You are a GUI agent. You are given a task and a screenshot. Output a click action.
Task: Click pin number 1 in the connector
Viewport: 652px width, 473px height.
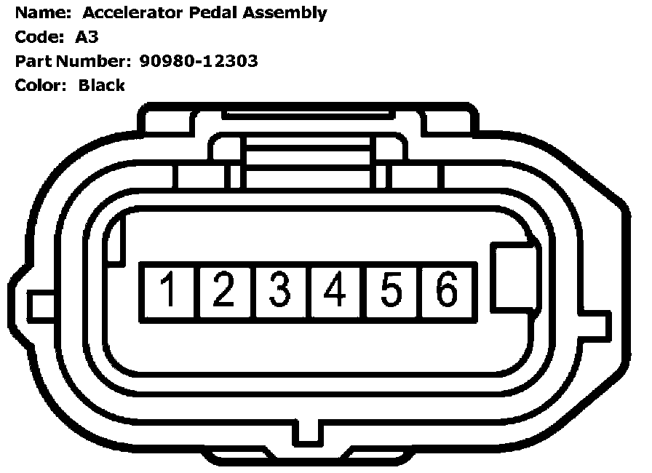click(168, 290)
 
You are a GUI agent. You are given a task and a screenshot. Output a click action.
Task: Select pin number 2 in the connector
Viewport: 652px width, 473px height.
click(224, 290)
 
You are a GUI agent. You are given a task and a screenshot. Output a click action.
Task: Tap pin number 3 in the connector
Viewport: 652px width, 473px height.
click(280, 290)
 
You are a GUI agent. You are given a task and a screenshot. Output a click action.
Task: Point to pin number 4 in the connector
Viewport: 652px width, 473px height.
click(335, 290)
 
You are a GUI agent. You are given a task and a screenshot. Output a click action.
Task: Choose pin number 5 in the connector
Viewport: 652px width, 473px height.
click(391, 290)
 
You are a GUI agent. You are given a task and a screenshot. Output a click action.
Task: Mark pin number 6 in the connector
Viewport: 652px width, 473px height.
click(447, 290)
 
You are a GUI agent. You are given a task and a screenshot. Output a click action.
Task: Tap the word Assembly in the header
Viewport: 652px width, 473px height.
click(284, 12)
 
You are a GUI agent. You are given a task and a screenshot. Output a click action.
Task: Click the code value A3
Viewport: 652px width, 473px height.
click(87, 37)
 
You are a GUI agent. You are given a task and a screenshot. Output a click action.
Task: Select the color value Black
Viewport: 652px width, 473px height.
click(102, 85)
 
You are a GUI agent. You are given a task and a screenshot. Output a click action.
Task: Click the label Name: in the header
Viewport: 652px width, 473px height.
click(40, 12)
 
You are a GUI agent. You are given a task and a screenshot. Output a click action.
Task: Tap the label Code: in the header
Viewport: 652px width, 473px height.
click(39, 37)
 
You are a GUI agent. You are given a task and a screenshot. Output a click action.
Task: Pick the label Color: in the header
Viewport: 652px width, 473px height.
click(41, 85)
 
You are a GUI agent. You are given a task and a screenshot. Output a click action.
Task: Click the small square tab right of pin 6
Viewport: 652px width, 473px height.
click(514, 279)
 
